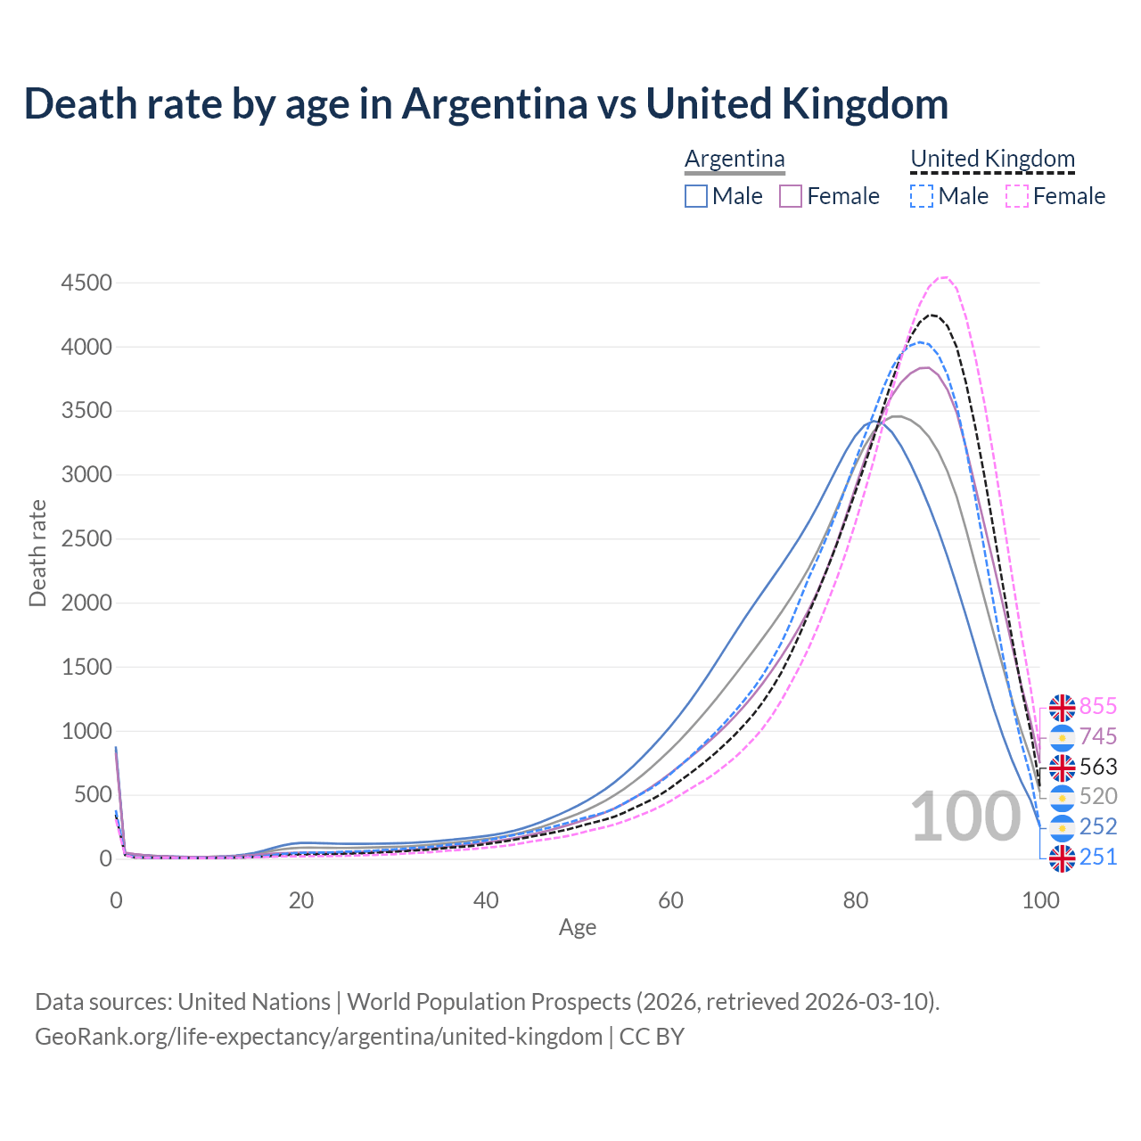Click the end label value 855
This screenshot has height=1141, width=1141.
tap(1097, 706)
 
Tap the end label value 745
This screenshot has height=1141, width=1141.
tap(1097, 736)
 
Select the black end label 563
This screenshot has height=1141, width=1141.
tap(1097, 767)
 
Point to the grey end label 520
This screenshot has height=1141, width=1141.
tap(1097, 796)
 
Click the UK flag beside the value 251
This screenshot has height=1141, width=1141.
tap(1062, 858)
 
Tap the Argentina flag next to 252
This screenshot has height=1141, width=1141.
tap(1062, 827)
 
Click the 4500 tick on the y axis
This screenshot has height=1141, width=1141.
tap(86, 283)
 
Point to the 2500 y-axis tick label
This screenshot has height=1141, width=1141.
tap(86, 538)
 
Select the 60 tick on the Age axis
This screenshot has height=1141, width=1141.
tap(670, 900)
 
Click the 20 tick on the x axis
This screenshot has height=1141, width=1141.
tap(300, 900)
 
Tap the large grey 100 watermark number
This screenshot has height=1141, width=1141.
tap(965, 817)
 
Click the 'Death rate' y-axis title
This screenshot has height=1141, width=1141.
tap(37, 554)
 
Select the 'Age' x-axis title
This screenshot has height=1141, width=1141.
tap(578, 927)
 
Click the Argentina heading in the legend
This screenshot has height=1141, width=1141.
tap(735, 159)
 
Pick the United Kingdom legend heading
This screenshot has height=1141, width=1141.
tap(992, 159)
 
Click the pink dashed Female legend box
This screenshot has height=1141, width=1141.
tap(1017, 196)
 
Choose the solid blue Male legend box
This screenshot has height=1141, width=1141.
tap(696, 196)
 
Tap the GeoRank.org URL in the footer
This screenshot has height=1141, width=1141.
tap(318, 1037)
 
